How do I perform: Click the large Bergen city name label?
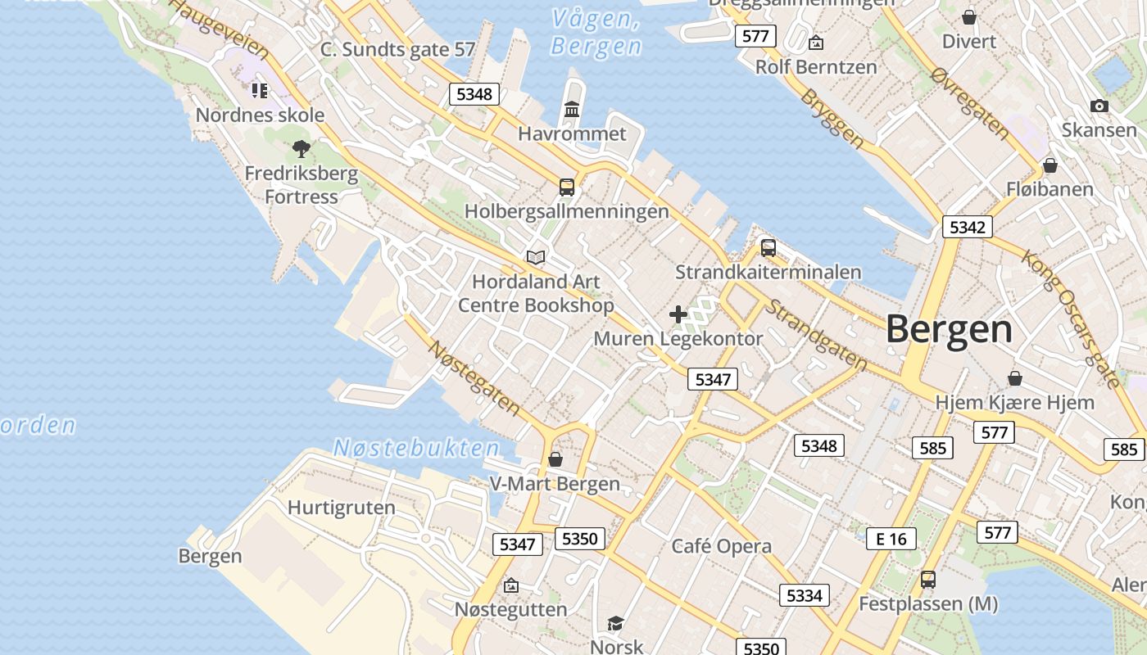pos(949,329)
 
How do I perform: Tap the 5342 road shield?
pos(967,227)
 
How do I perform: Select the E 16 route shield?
pos(891,538)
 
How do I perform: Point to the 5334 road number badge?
pos(803,595)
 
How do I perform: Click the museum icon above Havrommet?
pos(572,110)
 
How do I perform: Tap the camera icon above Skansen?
pos(1099,106)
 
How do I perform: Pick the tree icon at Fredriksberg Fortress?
pos(301,149)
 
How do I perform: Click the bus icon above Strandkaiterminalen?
pos(768,247)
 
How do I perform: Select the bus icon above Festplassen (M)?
pos(927,580)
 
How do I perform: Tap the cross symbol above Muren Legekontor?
pos(678,314)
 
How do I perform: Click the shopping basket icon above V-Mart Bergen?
pos(555,459)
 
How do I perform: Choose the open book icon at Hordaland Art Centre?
pos(536,258)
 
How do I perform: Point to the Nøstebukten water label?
pos(416,448)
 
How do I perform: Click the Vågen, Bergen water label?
pos(595,33)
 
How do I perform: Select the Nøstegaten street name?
pos(474,377)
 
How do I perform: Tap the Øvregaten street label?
pos(970,101)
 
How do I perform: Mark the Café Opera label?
pos(721,546)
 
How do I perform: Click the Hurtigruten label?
pos(341,508)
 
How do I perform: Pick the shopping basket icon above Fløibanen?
pos(1050,166)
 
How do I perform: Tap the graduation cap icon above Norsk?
pos(615,624)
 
